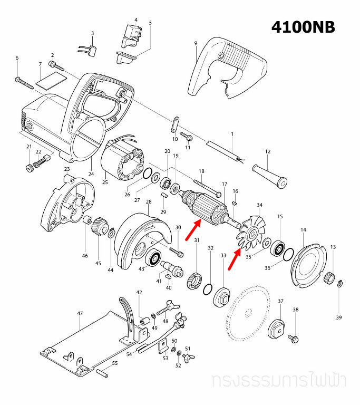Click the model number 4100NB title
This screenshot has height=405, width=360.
point(303,27)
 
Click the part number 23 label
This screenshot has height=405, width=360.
point(67,169)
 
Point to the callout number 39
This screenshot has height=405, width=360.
point(339,317)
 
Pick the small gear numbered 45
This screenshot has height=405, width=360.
point(99,229)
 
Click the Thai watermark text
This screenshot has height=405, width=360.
point(282,381)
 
